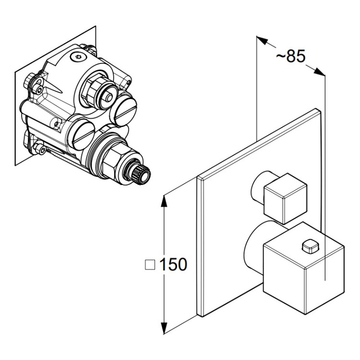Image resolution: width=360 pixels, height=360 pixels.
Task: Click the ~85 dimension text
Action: tap(290, 56)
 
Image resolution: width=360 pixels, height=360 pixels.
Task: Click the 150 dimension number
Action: tap(173, 264)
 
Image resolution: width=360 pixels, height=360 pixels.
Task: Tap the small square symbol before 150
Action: tap(150, 265)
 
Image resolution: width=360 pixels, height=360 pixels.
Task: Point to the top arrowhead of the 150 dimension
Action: tap(163, 201)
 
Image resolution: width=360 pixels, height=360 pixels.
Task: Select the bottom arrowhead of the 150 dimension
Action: tap(164, 328)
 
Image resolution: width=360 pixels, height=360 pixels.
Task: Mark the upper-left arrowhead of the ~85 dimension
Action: tap(263, 40)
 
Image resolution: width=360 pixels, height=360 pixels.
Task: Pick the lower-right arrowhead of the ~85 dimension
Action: tap(319, 71)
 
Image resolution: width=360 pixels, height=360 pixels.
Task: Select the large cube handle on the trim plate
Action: tap(304, 268)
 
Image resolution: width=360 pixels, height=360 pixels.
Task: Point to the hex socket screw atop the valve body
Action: tap(77, 57)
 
